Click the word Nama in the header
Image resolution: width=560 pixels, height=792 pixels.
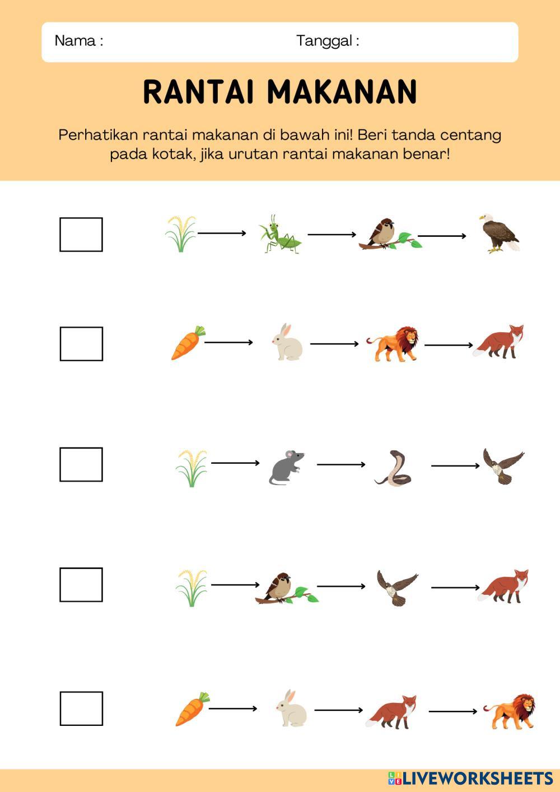(75, 41)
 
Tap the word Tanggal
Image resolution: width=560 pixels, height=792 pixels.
(324, 41)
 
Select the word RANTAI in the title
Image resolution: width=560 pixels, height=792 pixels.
(199, 91)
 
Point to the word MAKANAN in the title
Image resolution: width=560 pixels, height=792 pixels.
(342, 91)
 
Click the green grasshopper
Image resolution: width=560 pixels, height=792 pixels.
(280, 234)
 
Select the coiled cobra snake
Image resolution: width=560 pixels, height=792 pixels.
(393, 468)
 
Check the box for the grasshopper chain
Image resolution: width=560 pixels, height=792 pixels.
(81, 235)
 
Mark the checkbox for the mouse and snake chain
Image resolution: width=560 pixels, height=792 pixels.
(81, 464)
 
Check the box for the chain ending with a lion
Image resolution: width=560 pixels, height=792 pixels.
(81, 709)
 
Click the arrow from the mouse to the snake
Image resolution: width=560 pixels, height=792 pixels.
(341, 464)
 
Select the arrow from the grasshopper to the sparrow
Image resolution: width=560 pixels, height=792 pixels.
(332, 235)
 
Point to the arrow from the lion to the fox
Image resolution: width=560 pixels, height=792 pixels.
(449, 344)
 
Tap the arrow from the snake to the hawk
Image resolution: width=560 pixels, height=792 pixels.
(455, 465)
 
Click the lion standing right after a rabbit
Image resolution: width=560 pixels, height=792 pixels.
(392, 344)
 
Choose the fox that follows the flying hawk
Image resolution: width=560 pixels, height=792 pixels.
(503, 586)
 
